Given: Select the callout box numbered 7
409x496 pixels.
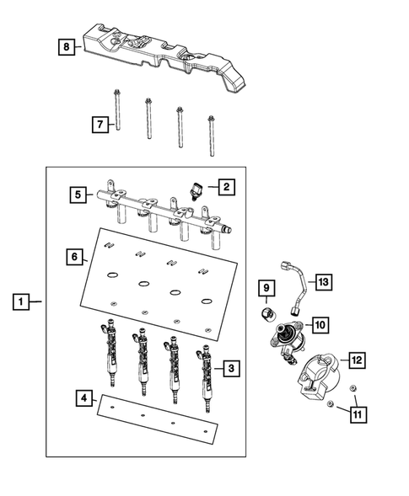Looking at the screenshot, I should point(100,125).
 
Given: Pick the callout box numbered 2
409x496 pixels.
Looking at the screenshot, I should point(225,186).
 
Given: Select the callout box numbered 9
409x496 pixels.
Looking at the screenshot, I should point(265,290).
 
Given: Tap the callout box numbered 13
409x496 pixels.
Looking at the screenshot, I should point(324,282).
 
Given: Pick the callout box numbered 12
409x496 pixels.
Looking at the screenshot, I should point(356,360).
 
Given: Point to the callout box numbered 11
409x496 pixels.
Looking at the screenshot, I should point(358,413).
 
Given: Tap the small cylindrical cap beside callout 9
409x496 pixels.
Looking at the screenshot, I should point(266,313).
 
